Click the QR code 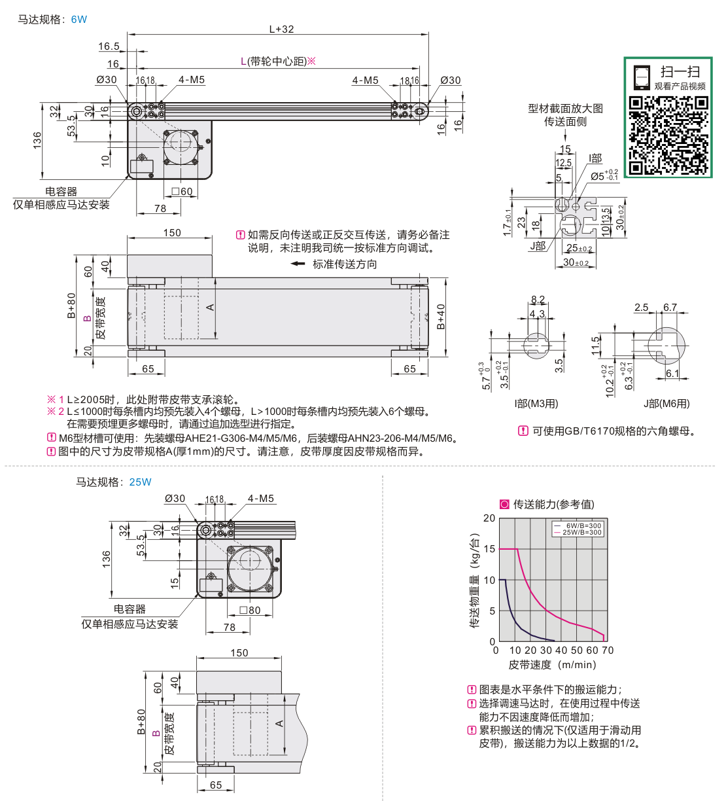(668, 135)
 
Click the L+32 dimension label (281, 29)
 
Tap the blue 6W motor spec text (78, 20)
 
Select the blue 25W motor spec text (140, 482)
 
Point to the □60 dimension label (182, 192)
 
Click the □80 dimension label (250, 610)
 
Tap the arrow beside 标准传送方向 (298, 264)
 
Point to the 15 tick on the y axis (489, 549)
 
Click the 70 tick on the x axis (608, 650)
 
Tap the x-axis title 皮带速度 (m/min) (553, 664)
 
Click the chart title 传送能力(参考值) (553, 505)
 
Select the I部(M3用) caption (536, 404)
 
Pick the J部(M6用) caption (667, 404)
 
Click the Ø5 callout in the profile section (604, 176)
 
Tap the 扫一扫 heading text (680, 72)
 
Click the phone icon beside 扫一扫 (642, 77)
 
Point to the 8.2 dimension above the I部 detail (538, 300)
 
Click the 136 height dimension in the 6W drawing (37, 141)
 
